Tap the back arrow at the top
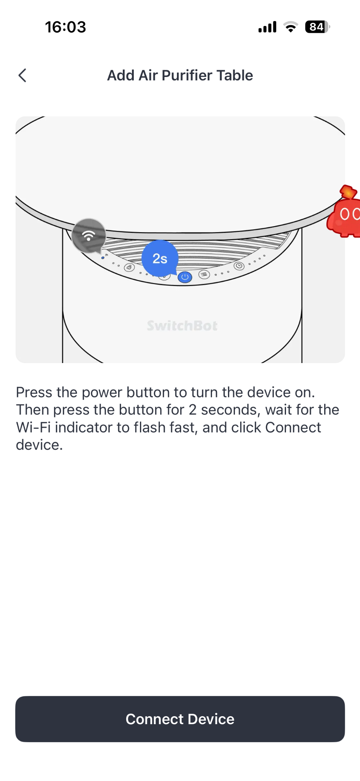(22, 76)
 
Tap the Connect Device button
(180, 719)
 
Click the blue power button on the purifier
(185, 277)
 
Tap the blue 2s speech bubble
(160, 258)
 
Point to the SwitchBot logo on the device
(182, 326)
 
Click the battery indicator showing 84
(317, 27)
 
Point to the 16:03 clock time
(66, 27)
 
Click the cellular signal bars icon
(267, 27)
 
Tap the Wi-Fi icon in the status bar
(291, 27)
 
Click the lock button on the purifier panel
(130, 267)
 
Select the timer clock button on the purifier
(239, 266)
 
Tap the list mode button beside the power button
(204, 274)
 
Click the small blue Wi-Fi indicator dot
(103, 258)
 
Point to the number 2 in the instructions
(193, 410)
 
